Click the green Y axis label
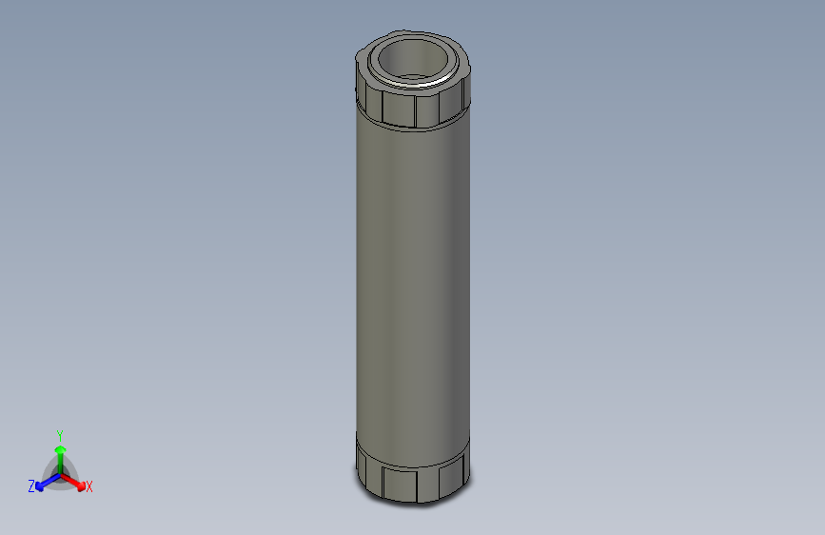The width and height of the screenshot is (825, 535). coord(59,434)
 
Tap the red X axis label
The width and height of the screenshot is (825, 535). coord(89,487)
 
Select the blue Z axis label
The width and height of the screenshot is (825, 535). coord(30,486)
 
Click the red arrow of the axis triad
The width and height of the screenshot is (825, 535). coord(76,481)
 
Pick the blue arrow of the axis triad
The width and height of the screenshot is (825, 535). coord(44,482)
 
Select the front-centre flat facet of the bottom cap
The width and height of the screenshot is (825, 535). coord(401,483)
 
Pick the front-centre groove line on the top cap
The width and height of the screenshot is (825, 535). coord(415,110)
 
